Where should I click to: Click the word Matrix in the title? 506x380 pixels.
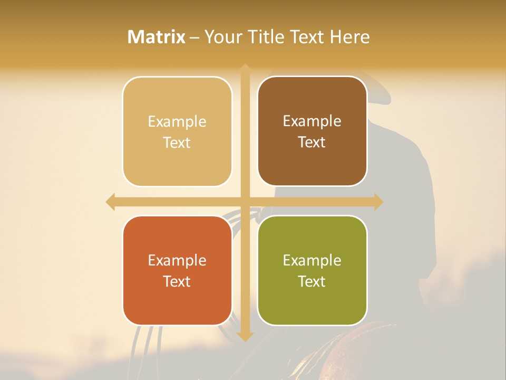pos(157,37)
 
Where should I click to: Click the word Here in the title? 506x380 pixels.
pos(349,37)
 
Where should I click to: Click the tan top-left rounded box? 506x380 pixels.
pos(177,132)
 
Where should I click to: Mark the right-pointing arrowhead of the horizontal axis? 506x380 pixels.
pos(378,202)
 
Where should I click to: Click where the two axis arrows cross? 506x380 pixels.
pos(245,202)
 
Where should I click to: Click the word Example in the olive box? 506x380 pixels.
pos(312,260)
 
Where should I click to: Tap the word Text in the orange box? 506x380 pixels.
pos(177,281)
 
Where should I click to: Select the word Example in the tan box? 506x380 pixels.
pos(177,121)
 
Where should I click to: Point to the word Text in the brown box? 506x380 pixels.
pos(312,142)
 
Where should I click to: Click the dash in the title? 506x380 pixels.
pos(194,37)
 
